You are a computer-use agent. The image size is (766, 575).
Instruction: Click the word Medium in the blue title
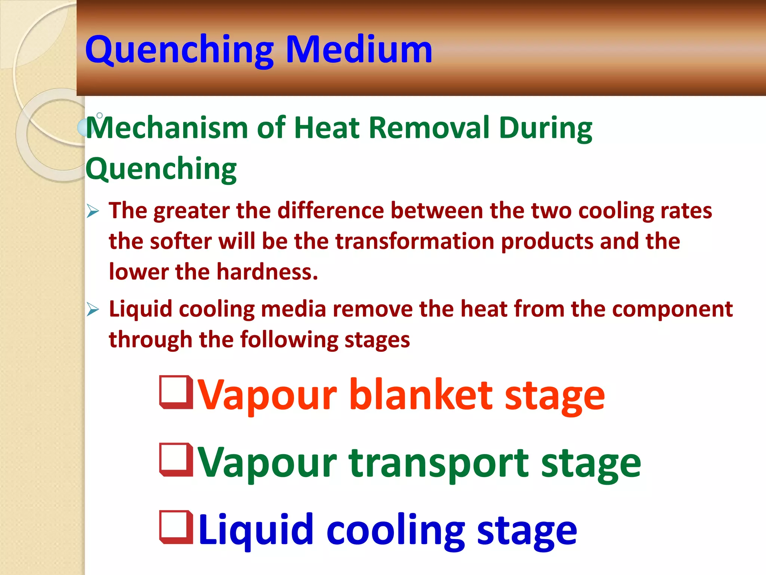point(359,49)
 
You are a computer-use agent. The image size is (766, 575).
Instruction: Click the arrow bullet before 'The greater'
point(93,211)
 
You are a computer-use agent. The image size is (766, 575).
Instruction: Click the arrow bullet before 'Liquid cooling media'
point(93,309)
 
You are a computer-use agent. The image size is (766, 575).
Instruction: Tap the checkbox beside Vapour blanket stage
point(176,392)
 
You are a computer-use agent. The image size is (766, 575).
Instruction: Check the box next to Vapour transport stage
point(176,460)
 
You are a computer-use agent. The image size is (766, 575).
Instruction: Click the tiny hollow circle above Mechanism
point(99,115)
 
